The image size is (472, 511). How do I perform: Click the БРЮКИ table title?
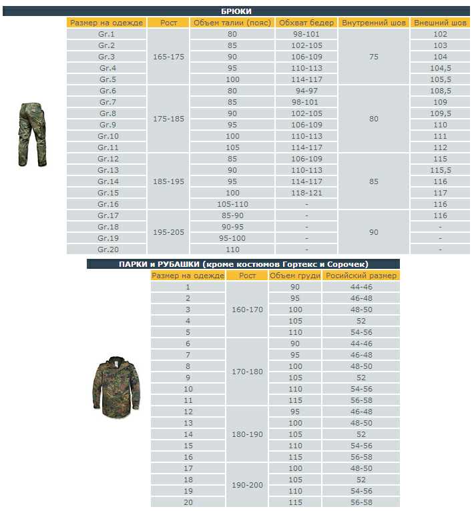236,11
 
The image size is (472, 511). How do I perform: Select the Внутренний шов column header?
373,23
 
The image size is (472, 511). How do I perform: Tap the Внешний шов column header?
440,23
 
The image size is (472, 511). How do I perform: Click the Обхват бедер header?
306,23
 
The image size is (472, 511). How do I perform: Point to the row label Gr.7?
107,102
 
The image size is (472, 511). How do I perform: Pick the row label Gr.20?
107,249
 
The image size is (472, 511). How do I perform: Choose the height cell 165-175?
168,57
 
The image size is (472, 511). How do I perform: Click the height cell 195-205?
168,233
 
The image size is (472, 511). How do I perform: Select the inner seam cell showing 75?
373,57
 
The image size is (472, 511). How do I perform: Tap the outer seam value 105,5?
440,79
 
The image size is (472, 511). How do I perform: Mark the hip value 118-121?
306,193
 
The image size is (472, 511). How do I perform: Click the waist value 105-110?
232,204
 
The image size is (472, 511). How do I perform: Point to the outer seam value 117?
440,193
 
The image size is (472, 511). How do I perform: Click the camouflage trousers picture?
31,134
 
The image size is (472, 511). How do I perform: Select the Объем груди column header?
295,276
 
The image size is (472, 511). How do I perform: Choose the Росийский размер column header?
361,276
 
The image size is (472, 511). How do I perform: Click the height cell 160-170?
247,310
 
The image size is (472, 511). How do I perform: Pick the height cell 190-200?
247,485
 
